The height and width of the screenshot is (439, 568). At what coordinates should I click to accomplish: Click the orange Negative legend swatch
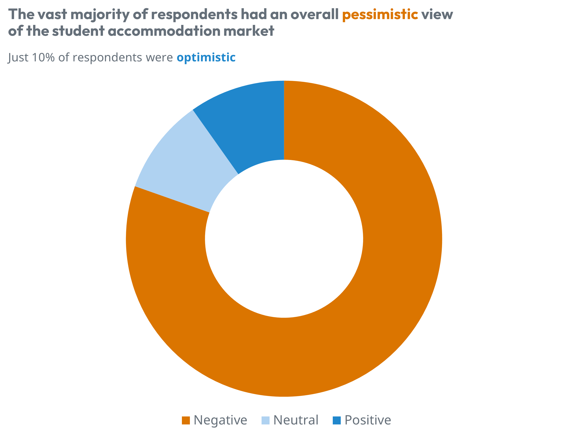pyautogui.click(x=186, y=420)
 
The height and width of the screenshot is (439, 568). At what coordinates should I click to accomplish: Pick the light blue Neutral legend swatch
pyautogui.click(x=266, y=420)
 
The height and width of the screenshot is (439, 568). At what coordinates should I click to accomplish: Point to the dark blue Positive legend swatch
pyautogui.click(x=337, y=420)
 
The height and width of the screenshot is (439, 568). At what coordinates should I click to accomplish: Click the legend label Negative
pyautogui.click(x=220, y=420)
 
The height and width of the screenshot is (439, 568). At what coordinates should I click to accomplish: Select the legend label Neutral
pyautogui.click(x=296, y=420)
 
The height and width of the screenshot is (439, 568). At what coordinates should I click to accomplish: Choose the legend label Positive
pyautogui.click(x=368, y=420)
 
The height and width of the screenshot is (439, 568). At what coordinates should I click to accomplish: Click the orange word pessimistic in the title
pyautogui.click(x=380, y=15)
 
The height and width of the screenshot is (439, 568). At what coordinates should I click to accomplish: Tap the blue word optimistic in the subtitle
pyautogui.click(x=206, y=58)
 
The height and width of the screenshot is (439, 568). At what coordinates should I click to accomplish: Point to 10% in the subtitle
pyautogui.click(x=43, y=58)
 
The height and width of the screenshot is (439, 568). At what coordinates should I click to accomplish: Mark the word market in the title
pyautogui.click(x=249, y=31)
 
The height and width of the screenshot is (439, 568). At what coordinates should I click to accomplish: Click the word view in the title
pyautogui.click(x=437, y=15)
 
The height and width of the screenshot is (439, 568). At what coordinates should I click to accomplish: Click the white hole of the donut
pyautogui.click(x=284, y=239)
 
